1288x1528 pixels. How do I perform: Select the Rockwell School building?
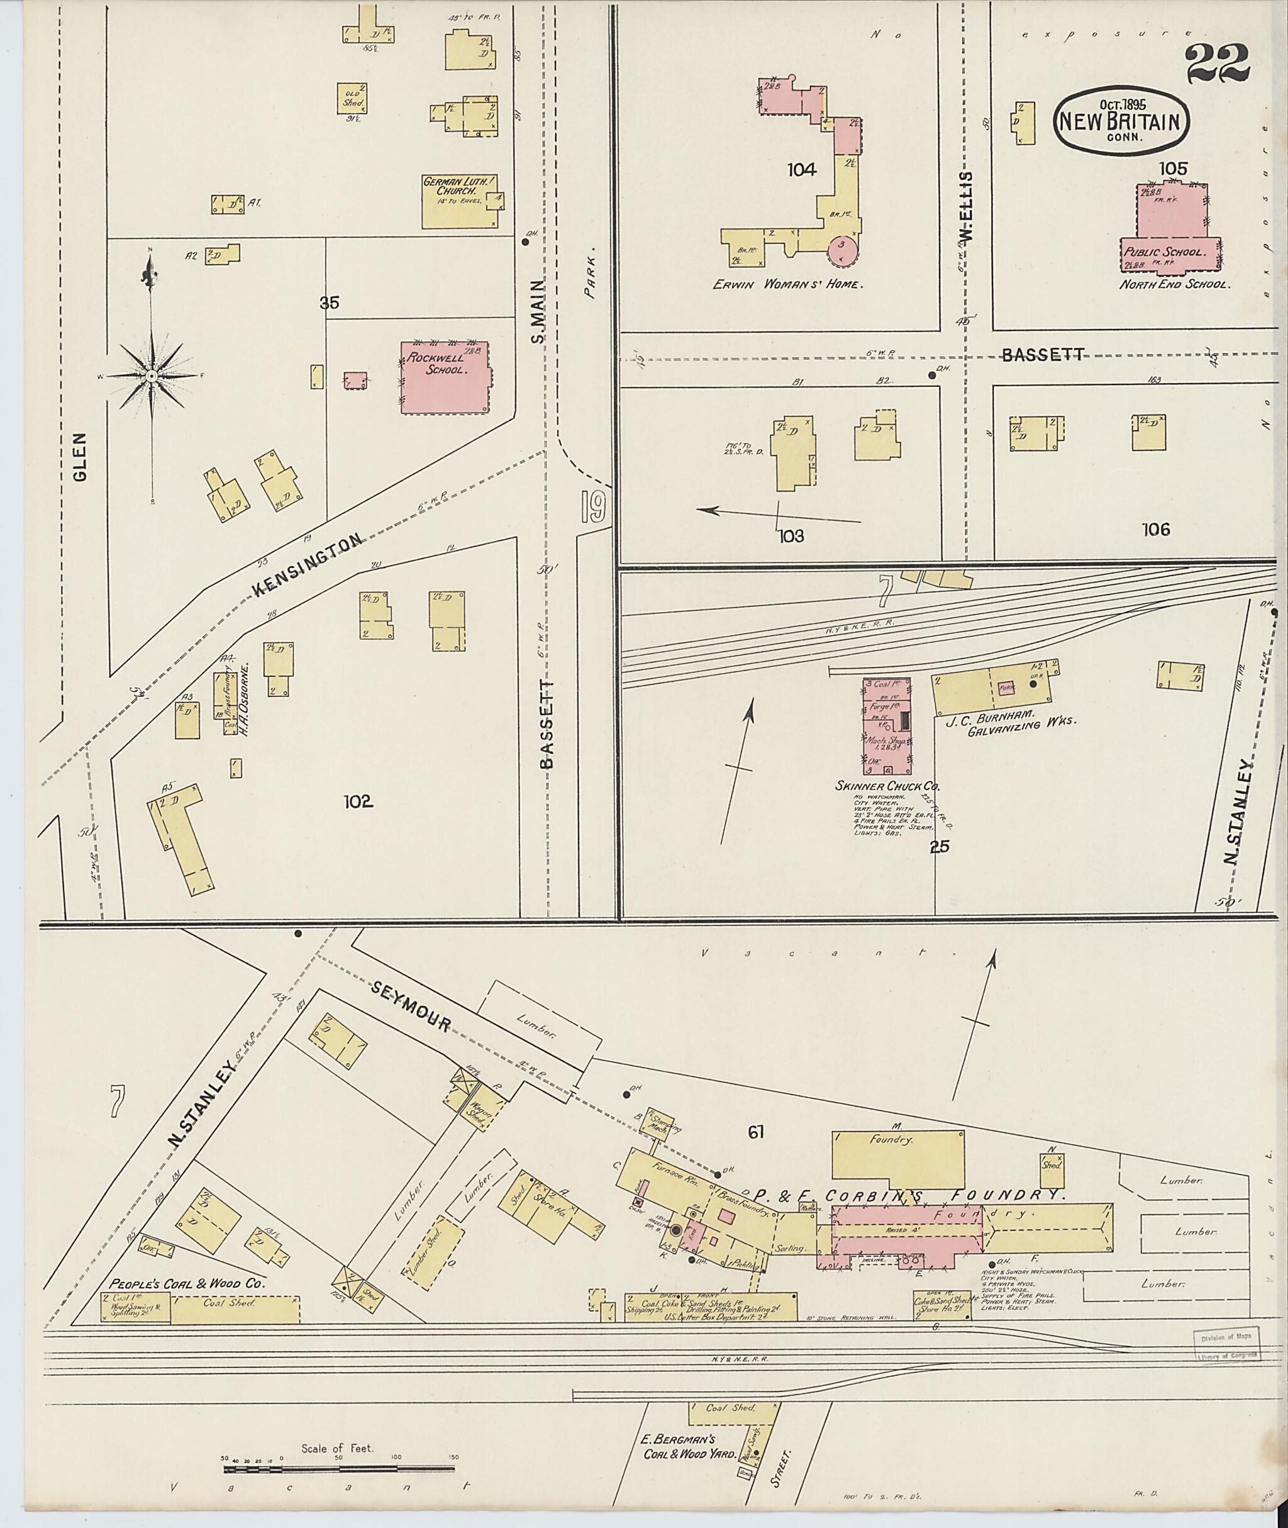445,377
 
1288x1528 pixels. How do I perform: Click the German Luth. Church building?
463,201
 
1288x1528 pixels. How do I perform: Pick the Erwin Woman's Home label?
788,284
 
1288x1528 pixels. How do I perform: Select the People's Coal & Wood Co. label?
187,1283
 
